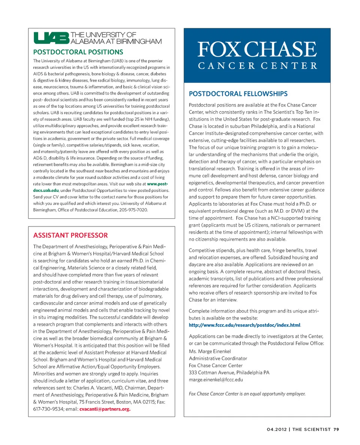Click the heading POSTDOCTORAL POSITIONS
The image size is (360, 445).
click(78, 52)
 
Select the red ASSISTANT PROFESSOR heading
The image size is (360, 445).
click(70, 235)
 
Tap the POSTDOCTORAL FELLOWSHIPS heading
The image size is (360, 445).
click(238, 93)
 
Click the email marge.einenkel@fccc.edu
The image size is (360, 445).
click(216, 380)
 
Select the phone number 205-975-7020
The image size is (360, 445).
click(133, 210)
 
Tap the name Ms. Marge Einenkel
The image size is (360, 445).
click(210, 351)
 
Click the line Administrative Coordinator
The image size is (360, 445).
click(218, 358)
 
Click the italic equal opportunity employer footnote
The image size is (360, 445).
click(247, 394)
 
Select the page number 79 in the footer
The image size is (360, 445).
click(336, 430)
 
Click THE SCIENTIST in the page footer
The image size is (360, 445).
click(311, 430)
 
